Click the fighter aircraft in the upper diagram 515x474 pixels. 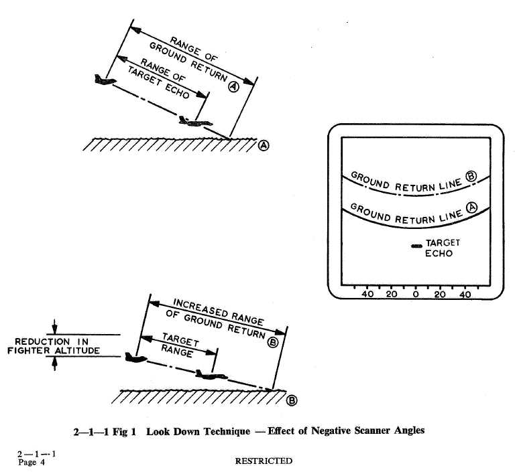(105, 80)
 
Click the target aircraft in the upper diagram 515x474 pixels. (195, 121)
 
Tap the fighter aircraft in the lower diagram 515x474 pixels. (135, 358)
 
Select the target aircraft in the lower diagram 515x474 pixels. (211, 375)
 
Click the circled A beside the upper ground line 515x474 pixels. (264, 145)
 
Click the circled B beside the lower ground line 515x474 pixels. (292, 400)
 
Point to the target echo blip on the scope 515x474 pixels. (417, 246)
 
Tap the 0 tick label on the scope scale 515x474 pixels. (416, 295)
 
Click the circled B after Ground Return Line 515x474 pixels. (471, 176)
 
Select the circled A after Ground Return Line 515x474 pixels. (472, 208)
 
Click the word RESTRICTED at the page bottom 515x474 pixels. (264, 461)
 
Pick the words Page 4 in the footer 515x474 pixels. (32, 462)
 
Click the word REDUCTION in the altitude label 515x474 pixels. (42, 342)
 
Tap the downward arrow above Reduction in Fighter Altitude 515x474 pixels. (54, 327)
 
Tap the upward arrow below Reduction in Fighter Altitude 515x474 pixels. (54, 364)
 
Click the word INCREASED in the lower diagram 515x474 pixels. (201, 309)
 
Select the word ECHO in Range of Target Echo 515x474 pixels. (177, 91)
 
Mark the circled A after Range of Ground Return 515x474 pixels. (234, 86)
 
